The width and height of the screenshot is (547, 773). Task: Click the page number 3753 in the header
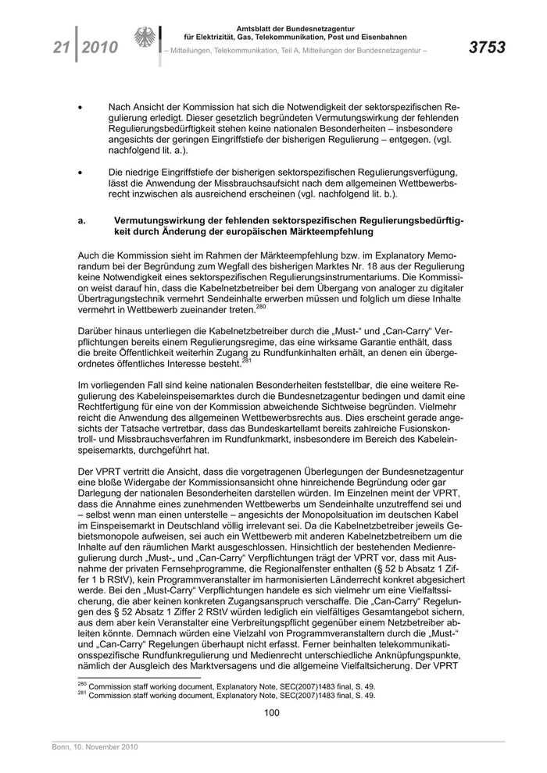487,48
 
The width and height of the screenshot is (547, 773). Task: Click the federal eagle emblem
145,39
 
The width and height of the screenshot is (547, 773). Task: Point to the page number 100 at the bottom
272,712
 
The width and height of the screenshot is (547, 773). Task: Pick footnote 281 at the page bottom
227,696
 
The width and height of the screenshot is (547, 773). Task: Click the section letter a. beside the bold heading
82,222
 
